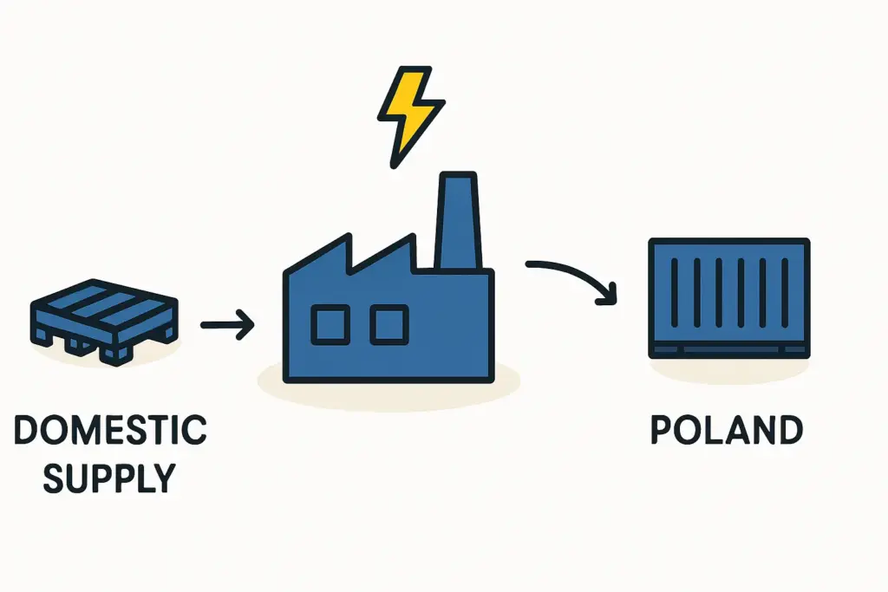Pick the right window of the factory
coord(388,324)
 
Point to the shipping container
coord(729,297)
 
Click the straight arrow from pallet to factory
coord(226,326)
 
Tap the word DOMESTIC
coord(111,431)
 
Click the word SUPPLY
coord(110,478)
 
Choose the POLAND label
coord(727,431)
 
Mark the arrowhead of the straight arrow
coord(246,326)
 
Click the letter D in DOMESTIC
coord(28,431)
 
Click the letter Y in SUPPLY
coord(162,478)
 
